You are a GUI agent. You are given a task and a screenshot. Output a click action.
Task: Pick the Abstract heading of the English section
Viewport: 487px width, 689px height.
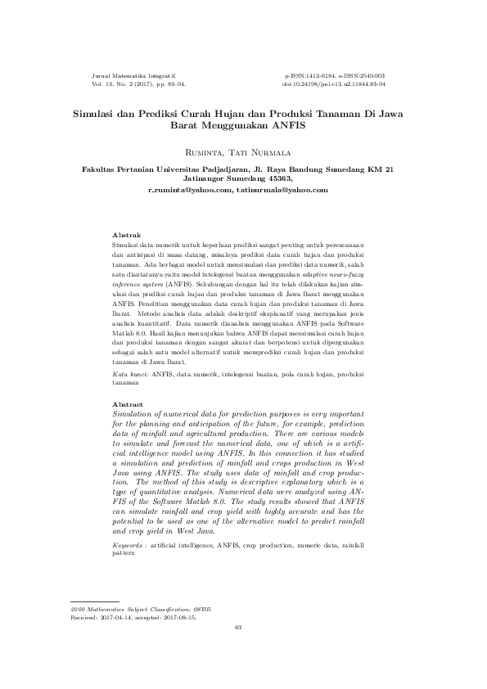[128, 404]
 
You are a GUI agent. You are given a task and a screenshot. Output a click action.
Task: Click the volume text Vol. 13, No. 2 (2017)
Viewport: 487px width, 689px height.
[124, 83]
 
